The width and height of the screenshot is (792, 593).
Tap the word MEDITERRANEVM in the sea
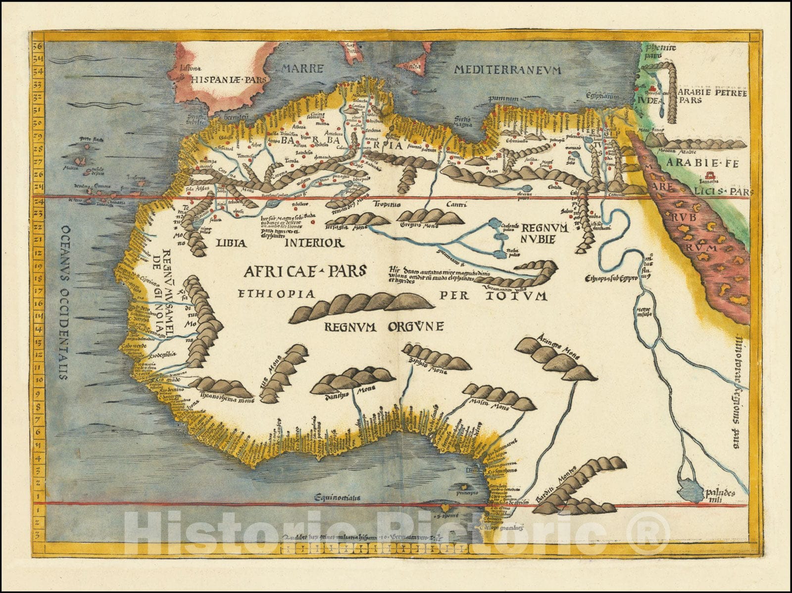[x=507, y=70]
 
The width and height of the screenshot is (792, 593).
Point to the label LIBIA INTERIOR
[x=279, y=243]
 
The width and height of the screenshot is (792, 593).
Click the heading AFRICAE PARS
[x=304, y=270]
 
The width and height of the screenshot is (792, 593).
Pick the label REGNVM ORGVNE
[x=384, y=327]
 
